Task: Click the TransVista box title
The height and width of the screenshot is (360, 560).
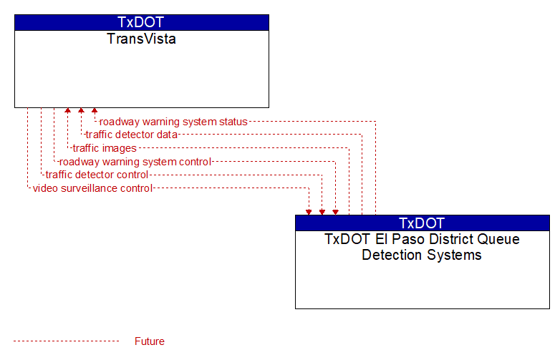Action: coord(141,39)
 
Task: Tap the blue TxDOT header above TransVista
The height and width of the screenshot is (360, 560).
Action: coord(142,22)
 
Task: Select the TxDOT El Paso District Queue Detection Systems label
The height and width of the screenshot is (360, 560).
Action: coord(422,247)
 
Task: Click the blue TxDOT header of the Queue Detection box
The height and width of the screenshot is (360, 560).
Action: coord(422,223)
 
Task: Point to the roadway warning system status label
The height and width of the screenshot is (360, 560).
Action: coord(173,122)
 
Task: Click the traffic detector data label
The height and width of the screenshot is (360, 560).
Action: coord(132,135)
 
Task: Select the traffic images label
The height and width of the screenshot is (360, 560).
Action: coord(105,148)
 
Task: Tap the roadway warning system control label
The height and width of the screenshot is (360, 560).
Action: coord(135,162)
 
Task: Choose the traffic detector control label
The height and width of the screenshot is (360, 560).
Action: coord(97,175)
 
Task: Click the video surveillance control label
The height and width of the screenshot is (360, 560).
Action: coord(92,188)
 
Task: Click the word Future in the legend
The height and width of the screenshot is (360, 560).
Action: coord(150,341)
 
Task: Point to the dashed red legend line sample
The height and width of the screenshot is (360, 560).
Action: coord(67,341)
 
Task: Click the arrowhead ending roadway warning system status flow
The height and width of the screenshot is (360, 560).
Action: coord(95,111)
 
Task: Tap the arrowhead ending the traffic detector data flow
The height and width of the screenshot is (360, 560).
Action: coord(81,111)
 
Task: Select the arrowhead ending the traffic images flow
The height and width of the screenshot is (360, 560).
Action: coord(67,111)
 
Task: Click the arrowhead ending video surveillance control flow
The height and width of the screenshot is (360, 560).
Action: coord(309,213)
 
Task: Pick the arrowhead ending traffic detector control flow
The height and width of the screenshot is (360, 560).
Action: coord(322,213)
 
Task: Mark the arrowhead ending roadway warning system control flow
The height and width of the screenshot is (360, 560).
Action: coord(335,213)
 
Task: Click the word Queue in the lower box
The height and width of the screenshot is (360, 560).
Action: coord(498,239)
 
